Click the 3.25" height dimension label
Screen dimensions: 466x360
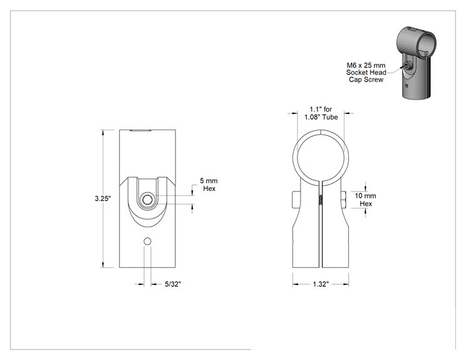pyautogui.click(x=103, y=198)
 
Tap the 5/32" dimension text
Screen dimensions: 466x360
pyautogui.click(x=173, y=284)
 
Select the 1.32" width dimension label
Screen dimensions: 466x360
pyautogui.click(x=321, y=284)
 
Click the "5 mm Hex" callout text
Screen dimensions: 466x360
pyautogui.click(x=209, y=185)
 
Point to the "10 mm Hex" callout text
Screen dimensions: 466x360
pyautogui.click(x=365, y=200)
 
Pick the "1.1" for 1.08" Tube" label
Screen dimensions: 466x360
pyautogui.click(x=321, y=113)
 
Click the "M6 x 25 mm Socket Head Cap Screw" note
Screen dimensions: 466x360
pyautogui.click(x=366, y=73)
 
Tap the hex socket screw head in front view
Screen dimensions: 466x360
pyautogui.click(x=147, y=200)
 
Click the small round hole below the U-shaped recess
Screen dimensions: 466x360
pyautogui.click(x=147, y=242)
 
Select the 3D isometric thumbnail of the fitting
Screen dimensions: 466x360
pyautogui.click(x=417, y=63)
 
